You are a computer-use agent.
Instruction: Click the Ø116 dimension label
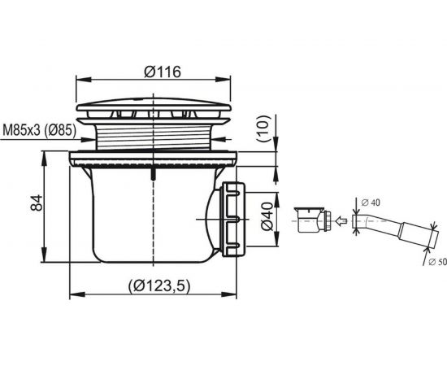(x=163, y=72)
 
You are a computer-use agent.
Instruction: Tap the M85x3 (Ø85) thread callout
(x=39, y=131)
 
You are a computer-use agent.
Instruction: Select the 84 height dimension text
(x=37, y=203)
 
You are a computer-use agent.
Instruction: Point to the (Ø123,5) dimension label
(x=158, y=285)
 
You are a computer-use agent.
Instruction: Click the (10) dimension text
(x=263, y=129)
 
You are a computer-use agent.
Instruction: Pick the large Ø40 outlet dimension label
(x=267, y=216)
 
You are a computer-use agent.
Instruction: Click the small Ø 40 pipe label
(x=371, y=203)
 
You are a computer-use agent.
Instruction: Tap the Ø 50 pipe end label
(x=437, y=262)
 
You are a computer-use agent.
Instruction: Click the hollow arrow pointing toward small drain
(x=341, y=220)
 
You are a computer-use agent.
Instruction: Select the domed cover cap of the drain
(x=154, y=104)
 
